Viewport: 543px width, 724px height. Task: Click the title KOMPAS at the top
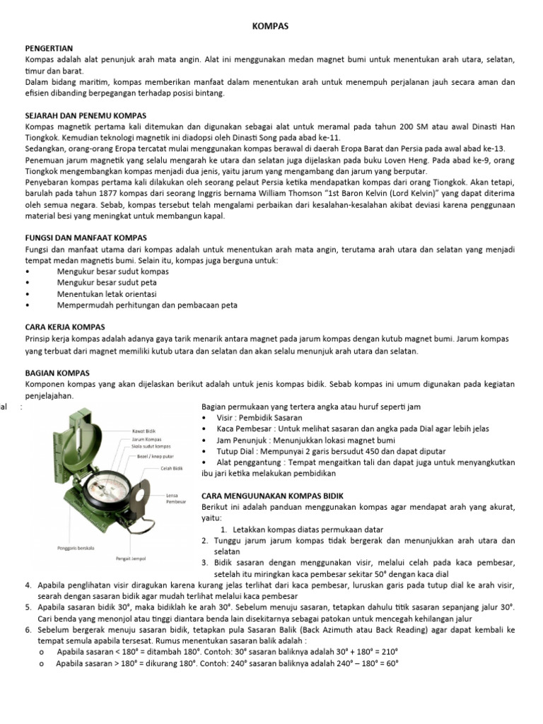pos(271,26)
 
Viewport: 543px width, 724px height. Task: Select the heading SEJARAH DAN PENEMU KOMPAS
pos(85,114)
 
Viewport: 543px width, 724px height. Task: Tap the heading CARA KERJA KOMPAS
pos(64,327)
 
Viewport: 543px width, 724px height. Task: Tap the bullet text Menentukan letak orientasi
pos(107,293)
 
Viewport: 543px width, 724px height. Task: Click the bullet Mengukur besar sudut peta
pos(106,282)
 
